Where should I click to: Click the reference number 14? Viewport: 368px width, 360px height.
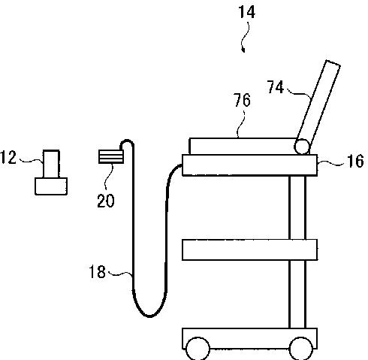pyautogui.click(x=246, y=12)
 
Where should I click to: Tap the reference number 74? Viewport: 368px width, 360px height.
pyautogui.click(x=276, y=87)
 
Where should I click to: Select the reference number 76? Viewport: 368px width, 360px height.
pyautogui.click(x=242, y=100)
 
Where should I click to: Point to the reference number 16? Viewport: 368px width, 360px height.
pyautogui.click(x=355, y=161)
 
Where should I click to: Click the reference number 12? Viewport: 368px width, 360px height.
pyautogui.click(x=8, y=157)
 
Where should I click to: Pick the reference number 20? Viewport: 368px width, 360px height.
pyautogui.click(x=106, y=201)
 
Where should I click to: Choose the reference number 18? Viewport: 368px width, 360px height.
pyautogui.click(x=97, y=271)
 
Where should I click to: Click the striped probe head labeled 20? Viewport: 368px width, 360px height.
pyautogui.click(x=111, y=156)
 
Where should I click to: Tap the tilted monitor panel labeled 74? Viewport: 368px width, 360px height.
pyautogui.click(x=318, y=107)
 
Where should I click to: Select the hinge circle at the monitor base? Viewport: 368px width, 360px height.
pyautogui.click(x=302, y=147)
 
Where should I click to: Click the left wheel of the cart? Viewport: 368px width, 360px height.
pyautogui.click(x=198, y=349)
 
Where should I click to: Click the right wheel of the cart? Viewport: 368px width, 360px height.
pyautogui.click(x=301, y=349)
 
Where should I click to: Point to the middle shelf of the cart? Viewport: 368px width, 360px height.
pyautogui.click(x=249, y=250)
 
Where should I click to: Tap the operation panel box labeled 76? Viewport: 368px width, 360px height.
pyautogui.click(x=243, y=146)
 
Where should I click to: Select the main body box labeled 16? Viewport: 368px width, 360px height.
pyautogui.click(x=249, y=165)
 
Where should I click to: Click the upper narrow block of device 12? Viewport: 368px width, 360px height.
pyautogui.click(x=51, y=164)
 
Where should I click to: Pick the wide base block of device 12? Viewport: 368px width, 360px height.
pyautogui.click(x=51, y=186)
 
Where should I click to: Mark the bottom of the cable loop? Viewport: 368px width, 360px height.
pyautogui.click(x=149, y=316)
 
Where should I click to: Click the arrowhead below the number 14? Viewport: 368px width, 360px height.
pyautogui.click(x=243, y=50)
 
